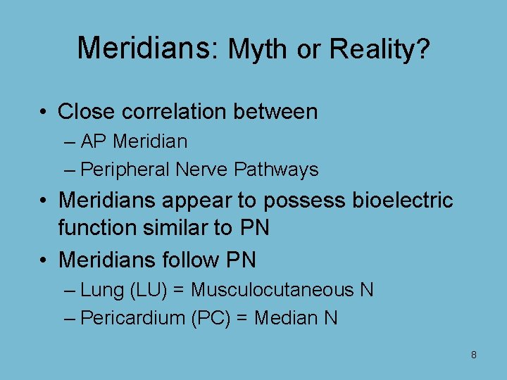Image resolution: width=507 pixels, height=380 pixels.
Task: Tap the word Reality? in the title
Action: click(379, 49)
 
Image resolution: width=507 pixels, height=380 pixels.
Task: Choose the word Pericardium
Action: click(132, 318)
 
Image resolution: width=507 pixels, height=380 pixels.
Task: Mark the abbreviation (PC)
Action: click(209, 318)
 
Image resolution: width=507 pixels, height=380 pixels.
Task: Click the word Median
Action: click(285, 318)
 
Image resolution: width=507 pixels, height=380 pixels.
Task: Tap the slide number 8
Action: click(473, 355)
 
